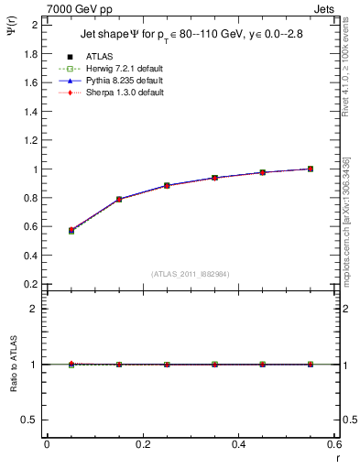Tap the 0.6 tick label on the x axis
tap(333, 444)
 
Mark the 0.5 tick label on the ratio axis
tap(30, 420)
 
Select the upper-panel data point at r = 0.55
tap(311, 169)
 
